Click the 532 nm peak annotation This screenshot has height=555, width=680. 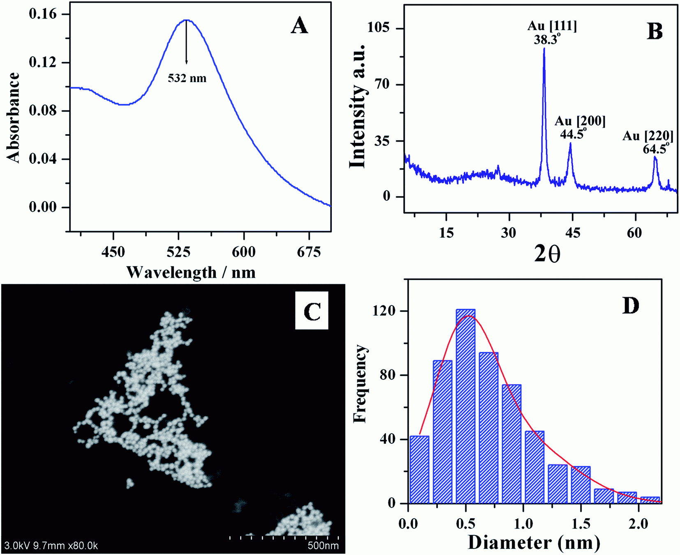[187, 78]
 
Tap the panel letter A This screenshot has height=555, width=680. [299, 26]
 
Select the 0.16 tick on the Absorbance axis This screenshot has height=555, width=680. [43, 14]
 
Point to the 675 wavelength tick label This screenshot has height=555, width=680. [309, 252]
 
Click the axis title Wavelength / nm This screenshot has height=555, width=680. [191, 272]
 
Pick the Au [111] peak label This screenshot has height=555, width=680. [552, 26]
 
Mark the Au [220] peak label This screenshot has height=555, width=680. [648, 136]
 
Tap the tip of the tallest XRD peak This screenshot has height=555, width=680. [544, 49]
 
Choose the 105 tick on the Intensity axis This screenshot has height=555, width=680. [381, 28]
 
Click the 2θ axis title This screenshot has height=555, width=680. [547, 254]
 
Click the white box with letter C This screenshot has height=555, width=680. [312, 311]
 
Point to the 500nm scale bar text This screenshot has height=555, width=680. [323, 546]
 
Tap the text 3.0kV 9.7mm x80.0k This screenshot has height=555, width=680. [51, 546]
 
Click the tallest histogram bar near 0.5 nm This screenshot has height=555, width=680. [465, 406]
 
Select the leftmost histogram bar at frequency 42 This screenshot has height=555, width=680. [419, 470]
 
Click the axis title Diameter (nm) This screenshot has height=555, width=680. [534, 543]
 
